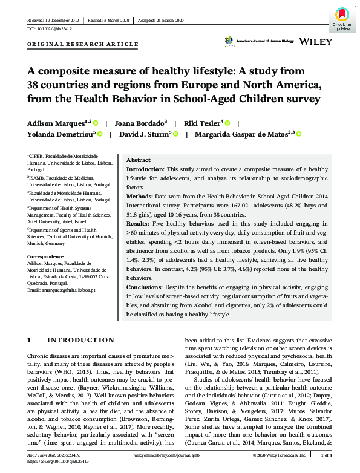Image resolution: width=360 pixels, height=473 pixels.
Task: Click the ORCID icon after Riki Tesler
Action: tap(226, 122)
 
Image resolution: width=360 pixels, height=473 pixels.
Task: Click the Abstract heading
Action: tap(139, 160)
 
